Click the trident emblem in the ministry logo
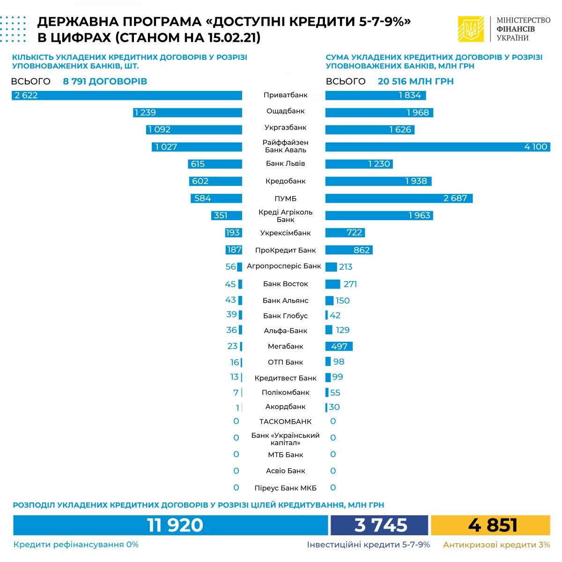pos(470,29)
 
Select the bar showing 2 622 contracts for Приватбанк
pos(126,96)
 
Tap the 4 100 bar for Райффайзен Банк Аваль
pos(437,147)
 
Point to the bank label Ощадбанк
pos(285,111)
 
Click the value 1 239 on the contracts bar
pos(145,112)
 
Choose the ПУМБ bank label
pos(285,199)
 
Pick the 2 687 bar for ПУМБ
pos(399,198)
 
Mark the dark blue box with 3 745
pos(379,525)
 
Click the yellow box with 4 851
pos(490,525)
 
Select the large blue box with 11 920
pos(170,525)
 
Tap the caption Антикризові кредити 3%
pos(496,545)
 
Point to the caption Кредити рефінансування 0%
pos(76,545)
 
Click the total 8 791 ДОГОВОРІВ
pos(105,81)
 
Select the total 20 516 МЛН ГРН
pos(415,81)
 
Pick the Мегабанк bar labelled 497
pos(339,346)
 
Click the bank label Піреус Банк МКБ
pos(285,488)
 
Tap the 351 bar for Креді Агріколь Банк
pos(227,215)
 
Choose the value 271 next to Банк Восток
pos(350,284)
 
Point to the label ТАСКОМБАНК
pos(285,421)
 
